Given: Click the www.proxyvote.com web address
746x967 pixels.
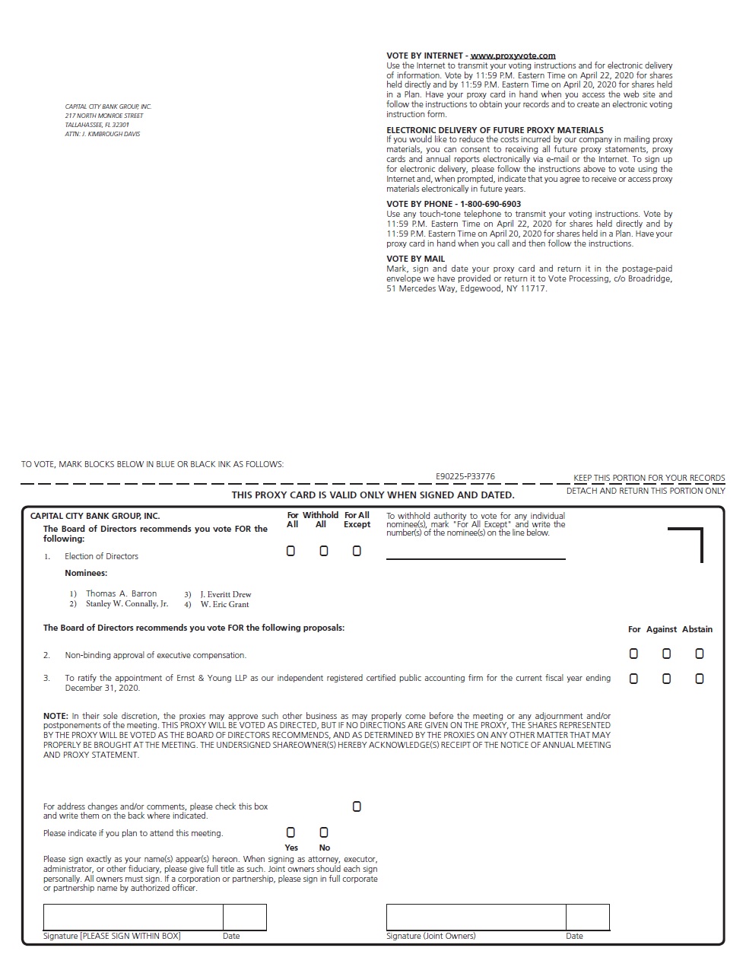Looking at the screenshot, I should point(513,56).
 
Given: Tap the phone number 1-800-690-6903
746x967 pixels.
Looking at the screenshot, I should point(490,204).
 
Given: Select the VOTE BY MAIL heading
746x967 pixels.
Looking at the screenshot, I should point(415,259).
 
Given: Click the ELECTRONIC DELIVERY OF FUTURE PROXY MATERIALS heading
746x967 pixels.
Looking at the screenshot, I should point(495,130).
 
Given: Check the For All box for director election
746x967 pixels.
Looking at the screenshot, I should point(290,551).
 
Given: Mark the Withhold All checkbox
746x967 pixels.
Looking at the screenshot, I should point(324,551).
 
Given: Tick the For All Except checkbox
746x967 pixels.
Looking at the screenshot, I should point(357,551).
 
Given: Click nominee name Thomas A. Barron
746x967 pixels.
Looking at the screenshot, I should point(121,593).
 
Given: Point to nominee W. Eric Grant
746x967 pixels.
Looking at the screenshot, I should point(224,604).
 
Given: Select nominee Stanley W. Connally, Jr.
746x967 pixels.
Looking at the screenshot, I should point(127,604).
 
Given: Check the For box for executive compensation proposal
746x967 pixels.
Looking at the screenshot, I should point(633,654).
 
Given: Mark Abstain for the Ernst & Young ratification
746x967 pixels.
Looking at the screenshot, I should point(700,679).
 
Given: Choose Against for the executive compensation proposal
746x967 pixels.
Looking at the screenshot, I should point(667,654).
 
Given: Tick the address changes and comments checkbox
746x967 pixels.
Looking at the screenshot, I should point(357,806).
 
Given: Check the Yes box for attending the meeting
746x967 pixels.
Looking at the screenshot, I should point(290,832).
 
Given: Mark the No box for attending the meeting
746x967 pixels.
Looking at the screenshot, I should point(324,832).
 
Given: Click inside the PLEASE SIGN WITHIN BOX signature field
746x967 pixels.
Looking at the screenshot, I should point(133,917).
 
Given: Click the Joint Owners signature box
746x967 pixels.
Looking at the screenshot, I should point(476,917).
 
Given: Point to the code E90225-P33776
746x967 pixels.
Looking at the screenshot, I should point(465,476).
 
